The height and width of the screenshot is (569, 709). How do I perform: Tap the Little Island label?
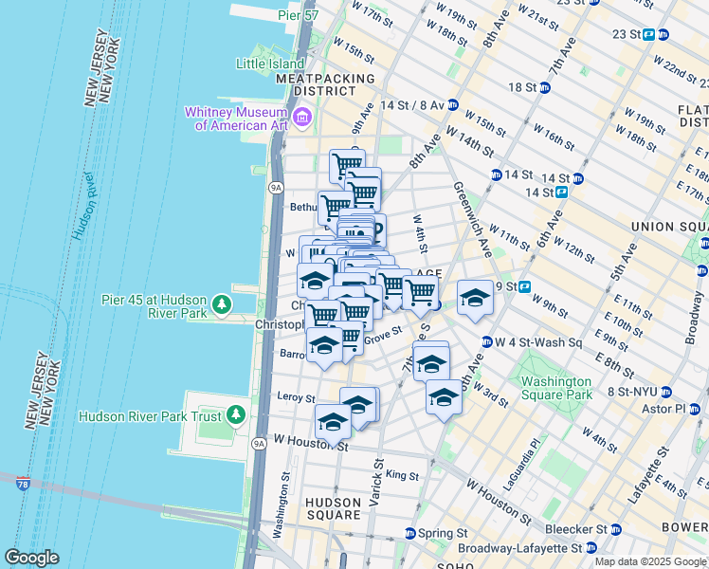coord(271,64)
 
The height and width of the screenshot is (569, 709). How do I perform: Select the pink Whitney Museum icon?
coord(302,118)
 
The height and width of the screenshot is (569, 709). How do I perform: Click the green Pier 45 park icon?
coord(221,304)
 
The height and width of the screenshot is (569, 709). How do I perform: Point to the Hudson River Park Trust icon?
coord(236,415)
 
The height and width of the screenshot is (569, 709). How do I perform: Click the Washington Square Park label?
coord(556,388)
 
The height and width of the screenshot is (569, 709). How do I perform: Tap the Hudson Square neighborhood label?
coord(332,508)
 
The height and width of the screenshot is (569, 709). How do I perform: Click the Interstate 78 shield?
coord(23,484)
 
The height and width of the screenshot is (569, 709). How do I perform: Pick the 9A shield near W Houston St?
coord(258,443)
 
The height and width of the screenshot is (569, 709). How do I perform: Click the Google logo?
coord(31,558)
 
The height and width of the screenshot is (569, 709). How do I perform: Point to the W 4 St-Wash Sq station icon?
coord(486,341)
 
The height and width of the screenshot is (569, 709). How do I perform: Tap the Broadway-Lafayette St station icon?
coord(591,548)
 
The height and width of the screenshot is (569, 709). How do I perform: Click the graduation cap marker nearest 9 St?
coord(475,298)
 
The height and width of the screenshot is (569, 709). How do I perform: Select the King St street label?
coord(402,475)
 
